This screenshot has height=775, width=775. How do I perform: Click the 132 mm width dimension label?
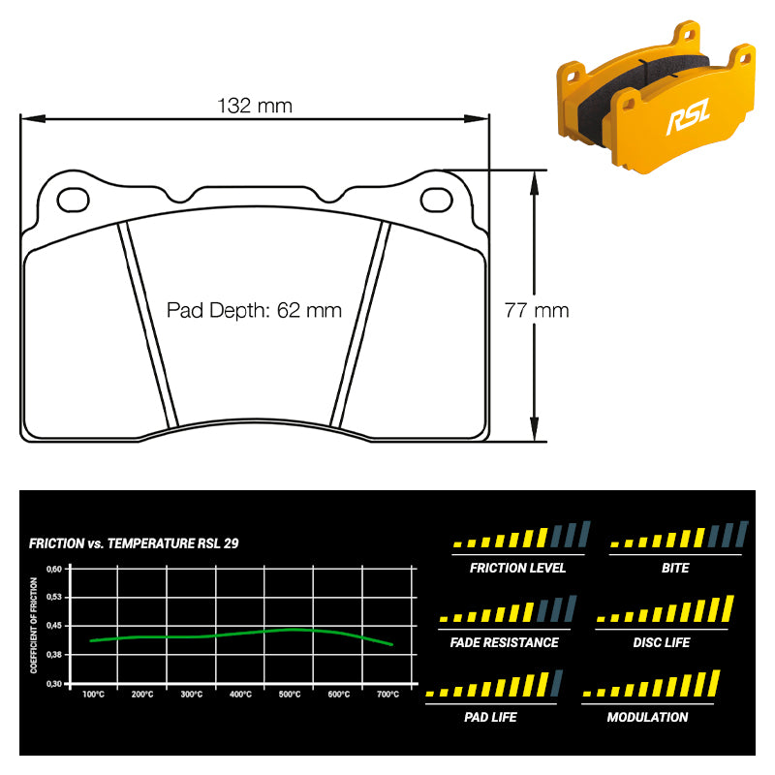255,105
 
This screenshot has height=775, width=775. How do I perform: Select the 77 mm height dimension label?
537,311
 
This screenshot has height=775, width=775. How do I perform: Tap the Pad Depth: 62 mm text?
254,311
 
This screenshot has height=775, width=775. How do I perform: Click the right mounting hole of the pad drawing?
437,200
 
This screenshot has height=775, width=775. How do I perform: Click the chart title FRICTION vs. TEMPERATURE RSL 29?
134,543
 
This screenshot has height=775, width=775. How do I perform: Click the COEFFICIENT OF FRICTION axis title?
35,626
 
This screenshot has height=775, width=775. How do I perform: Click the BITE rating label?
675,568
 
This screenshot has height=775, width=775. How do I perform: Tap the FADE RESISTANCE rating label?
505,642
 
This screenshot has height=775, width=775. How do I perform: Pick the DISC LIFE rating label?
662,642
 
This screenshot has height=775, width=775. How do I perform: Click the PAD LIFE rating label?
490,717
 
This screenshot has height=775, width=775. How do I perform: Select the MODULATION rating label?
647,717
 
